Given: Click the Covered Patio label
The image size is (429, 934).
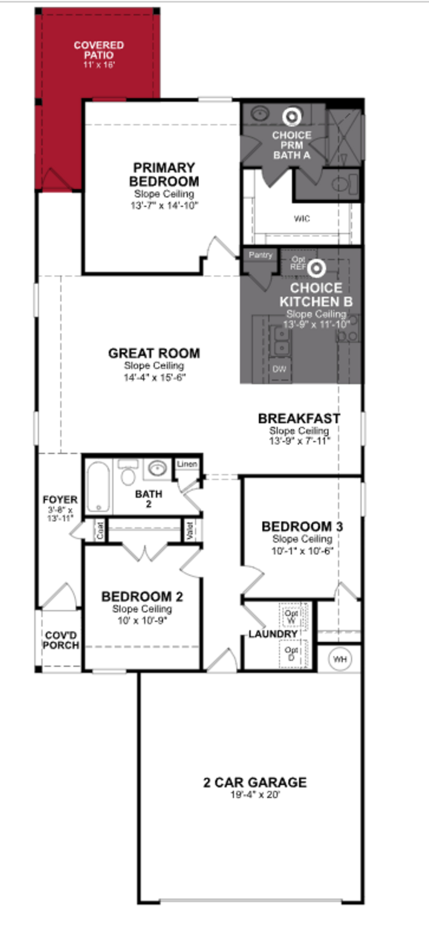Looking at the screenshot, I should tap(99, 50).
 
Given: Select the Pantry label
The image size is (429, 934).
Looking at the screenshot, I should tap(260, 255).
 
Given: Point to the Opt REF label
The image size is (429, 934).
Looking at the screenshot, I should tap(298, 263).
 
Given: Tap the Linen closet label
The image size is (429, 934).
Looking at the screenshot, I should tap(187, 464).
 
